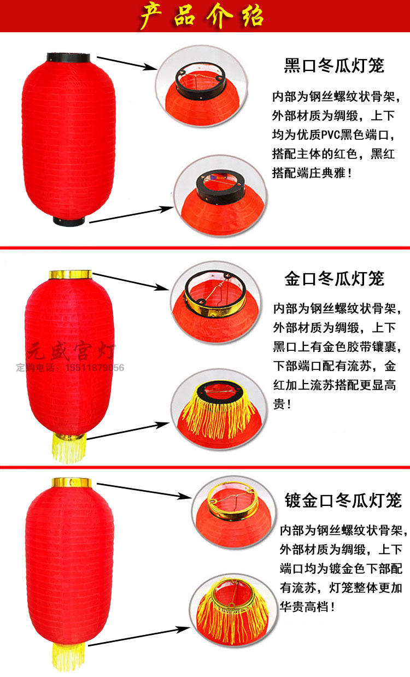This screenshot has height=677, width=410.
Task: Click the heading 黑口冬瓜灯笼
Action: pyautogui.click(x=334, y=66)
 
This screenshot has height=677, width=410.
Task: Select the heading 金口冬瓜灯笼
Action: pyautogui.click(x=334, y=279)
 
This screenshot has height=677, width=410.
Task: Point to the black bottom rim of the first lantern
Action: pyautogui.click(x=69, y=221)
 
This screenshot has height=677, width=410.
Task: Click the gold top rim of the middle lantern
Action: pyautogui.click(x=70, y=275)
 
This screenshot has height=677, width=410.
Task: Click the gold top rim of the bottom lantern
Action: pyautogui.click(x=71, y=483)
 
